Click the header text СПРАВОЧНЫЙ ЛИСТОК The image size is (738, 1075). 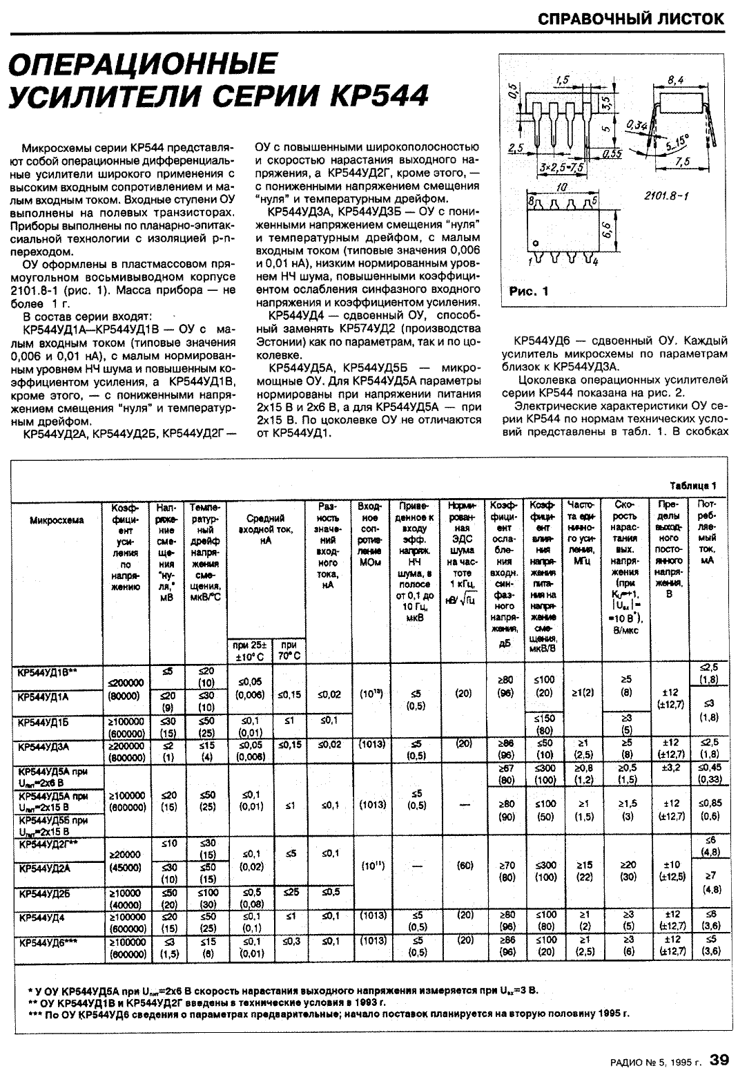pyautogui.click(x=631, y=19)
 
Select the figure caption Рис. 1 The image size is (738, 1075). pyautogui.click(x=528, y=292)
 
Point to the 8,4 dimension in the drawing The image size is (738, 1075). pyautogui.click(x=676, y=79)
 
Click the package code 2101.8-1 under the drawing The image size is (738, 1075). pyautogui.click(x=667, y=196)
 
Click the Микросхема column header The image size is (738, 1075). pyautogui.click(x=57, y=520)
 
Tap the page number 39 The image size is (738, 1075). pyautogui.click(x=718, y=1058)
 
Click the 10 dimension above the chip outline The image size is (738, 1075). pyautogui.click(x=561, y=187)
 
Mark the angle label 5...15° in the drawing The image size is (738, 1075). pyautogui.click(x=677, y=142)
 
